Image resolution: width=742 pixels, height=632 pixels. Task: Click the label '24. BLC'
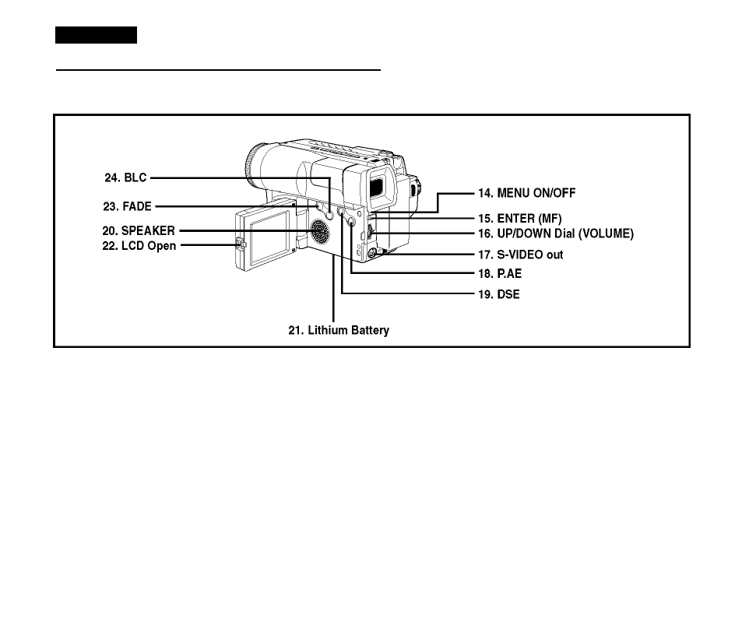(x=125, y=177)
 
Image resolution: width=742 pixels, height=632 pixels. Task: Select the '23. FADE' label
(x=127, y=206)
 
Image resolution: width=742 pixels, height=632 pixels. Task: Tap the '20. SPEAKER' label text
(x=139, y=230)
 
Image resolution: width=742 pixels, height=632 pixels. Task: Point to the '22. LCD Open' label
(x=139, y=246)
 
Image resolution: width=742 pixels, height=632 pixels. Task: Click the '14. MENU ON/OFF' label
(x=526, y=193)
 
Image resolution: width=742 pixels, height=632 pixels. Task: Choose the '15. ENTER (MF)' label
(x=519, y=219)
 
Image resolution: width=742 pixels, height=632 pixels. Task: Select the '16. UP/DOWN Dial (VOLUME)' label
(x=556, y=233)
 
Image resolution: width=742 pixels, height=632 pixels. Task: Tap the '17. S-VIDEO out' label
(x=521, y=255)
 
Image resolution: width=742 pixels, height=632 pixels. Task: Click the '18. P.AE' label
(x=500, y=273)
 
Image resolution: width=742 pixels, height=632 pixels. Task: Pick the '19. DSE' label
(x=499, y=294)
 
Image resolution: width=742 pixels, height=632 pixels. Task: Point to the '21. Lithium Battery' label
(x=339, y=330)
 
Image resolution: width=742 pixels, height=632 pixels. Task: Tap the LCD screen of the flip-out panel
(x=269, y=237)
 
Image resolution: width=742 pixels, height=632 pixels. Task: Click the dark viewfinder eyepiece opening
(x=376, y=185)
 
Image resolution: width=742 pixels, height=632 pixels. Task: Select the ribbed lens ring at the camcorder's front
(x=251, y=165)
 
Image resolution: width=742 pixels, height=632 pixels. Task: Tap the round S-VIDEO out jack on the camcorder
(x=372, y=253)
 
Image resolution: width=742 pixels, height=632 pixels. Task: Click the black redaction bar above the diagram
(x=96, y=35)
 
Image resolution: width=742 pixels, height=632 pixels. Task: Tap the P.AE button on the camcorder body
(x=350, y=221)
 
